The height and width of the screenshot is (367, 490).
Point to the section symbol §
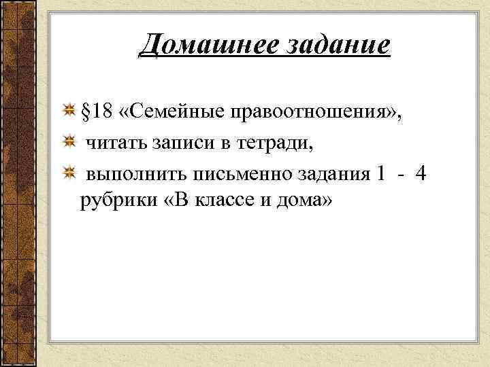point(86,111)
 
